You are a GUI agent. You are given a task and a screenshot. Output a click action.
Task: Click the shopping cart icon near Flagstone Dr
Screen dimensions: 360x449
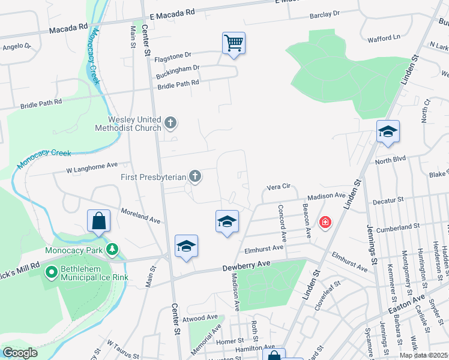234,43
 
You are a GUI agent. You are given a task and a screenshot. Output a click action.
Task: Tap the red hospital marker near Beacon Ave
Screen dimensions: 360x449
325,223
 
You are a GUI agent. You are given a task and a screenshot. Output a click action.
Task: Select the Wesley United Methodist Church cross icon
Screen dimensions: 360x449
170,124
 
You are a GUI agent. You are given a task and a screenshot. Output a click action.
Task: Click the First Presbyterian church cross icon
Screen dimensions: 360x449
194,176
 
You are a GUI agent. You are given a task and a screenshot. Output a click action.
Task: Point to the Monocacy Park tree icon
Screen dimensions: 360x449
112,249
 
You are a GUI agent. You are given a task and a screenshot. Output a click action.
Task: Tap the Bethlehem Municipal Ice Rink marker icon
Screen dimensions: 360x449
52,272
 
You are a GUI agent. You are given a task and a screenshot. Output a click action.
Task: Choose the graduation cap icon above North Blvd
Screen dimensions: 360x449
388,131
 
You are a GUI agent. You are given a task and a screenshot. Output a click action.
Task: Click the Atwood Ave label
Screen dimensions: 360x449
203,317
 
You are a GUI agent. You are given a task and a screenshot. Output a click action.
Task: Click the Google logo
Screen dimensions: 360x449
20,353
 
